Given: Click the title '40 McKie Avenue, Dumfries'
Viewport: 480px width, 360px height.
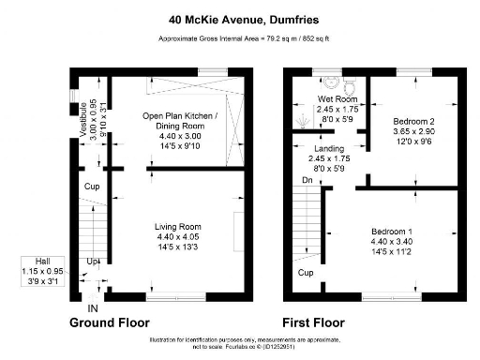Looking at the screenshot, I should coord(240,18).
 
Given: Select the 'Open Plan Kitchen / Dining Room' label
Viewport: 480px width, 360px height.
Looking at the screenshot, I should coord(179,121).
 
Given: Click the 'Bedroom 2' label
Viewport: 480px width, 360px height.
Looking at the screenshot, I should coord(412,123).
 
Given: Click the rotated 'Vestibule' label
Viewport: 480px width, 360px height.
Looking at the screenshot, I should coord(83,121).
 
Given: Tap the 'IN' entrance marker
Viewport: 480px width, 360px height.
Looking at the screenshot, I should coord(93,307).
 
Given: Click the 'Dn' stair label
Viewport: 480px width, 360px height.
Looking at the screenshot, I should coord(307,180).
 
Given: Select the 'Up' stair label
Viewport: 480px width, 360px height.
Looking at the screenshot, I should coord(93,261).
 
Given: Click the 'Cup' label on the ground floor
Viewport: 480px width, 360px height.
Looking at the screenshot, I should coord(92,187).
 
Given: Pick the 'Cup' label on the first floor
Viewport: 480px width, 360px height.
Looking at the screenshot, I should coord(306,273).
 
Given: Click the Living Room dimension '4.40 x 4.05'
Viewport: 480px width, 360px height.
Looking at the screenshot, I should coord(178,237).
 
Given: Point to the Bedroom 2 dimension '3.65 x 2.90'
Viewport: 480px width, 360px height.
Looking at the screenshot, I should coord(412,134).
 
